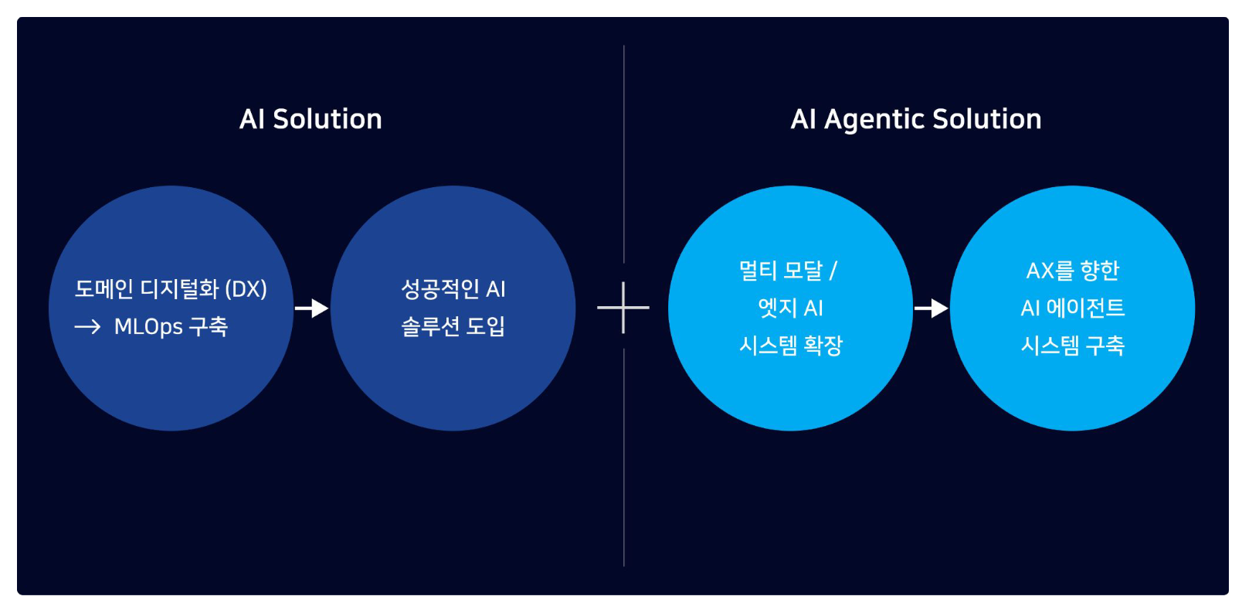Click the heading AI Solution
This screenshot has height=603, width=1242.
click(310, 119)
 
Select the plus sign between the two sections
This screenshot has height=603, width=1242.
click(623, 308)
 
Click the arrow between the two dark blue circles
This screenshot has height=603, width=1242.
click(311, 308)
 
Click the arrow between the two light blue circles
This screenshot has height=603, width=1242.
click(931, 308)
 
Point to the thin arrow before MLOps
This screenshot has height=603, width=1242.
click(87, 327)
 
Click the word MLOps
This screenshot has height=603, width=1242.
click(148, 327)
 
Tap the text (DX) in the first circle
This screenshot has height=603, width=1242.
click(246, 289)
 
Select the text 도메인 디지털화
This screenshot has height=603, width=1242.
click(147, 289)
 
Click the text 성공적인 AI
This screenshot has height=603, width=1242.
click(453, 289)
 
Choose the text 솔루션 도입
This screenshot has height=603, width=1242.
click(453, 326)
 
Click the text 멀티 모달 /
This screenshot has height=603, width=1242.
click(788, 271)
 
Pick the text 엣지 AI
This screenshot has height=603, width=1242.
click(790, 308)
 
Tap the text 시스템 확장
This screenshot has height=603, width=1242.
click(791, 345)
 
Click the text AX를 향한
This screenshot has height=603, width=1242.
click(1072, 271)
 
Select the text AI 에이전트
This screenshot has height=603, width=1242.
click(1072, 308)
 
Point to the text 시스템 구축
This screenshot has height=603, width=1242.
click(1072, 345)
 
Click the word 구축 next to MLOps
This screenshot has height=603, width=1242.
click(209, 327)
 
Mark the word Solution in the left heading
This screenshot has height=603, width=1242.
click(327, 119)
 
